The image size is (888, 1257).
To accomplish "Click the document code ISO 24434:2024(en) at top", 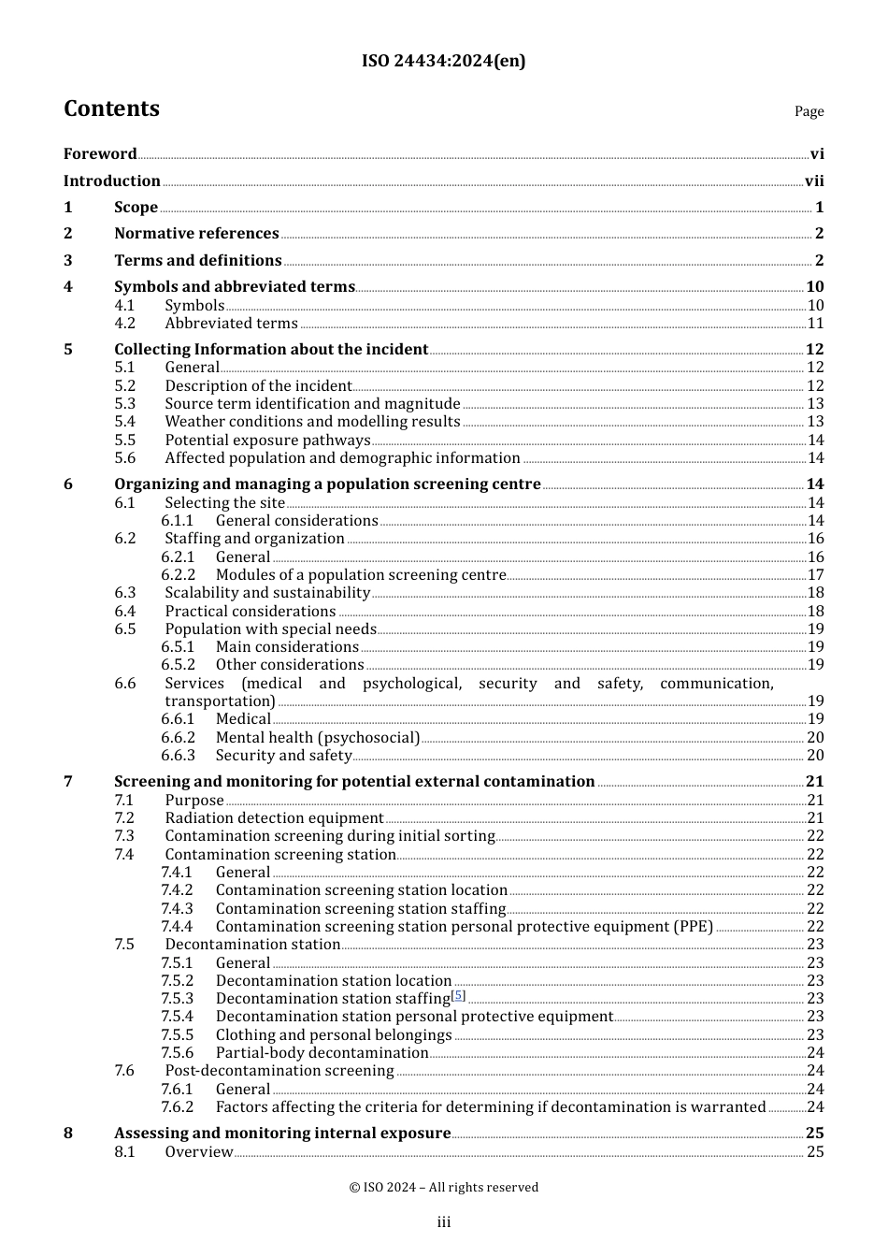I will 443,61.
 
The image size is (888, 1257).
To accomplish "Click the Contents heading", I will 111,109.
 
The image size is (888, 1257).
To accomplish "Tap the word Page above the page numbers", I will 809,111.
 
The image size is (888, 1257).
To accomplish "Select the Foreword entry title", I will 100,154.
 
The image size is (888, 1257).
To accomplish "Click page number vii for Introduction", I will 814,181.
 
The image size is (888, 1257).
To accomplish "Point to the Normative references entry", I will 196,234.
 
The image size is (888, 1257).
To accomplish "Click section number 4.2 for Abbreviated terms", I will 125,324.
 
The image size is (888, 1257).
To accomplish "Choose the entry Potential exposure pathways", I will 267,441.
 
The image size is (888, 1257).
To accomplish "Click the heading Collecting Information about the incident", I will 271,350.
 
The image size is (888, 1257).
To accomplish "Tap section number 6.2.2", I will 178,575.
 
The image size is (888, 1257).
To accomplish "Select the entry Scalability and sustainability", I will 267,593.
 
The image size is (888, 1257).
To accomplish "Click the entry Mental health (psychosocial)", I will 318,738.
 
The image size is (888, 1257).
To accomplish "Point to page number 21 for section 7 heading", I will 814,782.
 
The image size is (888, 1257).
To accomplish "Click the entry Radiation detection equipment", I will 274,818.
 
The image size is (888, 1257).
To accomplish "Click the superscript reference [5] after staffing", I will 458,995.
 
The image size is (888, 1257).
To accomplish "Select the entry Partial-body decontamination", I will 322,1053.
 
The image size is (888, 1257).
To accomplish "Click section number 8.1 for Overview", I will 125,1152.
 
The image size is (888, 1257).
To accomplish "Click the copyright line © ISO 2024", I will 443,1188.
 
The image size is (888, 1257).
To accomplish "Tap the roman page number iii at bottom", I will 443,1222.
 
